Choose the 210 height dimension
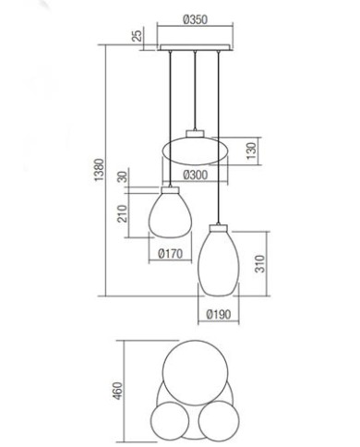pyautogui.click(x=121, y=216)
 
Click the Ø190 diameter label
pyautogui.click(x=219, y=313)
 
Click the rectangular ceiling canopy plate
pyautogui.click(x=195, y=46)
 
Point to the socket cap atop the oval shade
pyautogui.click(x=195, y=133)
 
